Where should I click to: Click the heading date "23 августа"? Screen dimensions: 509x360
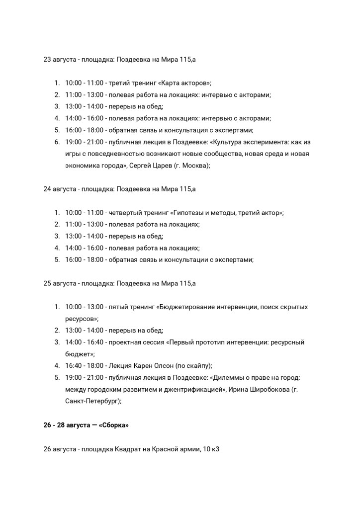[59, 60]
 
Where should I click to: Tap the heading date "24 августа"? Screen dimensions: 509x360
[59, 189]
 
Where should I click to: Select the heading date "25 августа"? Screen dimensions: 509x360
[59, 283]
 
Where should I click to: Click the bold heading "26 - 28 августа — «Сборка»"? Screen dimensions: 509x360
[86, 425]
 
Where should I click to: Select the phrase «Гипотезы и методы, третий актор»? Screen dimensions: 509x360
[227, 213]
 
